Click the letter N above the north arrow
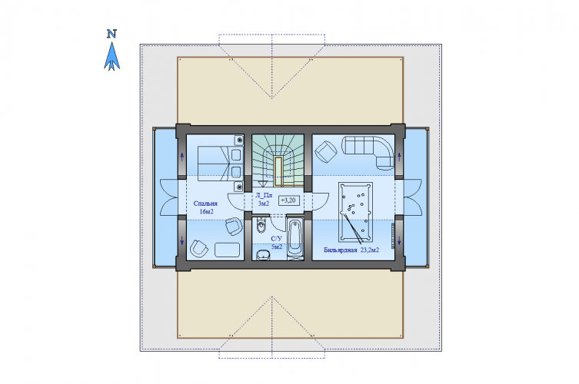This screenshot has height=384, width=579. tap(111, 34)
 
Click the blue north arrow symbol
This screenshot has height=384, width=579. tap(111, 56)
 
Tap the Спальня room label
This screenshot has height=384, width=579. tap(205, 204)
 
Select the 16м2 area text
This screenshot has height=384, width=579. tap(206, 212)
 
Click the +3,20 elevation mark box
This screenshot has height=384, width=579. tap(288, 200)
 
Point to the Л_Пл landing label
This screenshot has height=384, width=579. tap(264, 195)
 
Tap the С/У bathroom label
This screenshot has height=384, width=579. tap(276, 239)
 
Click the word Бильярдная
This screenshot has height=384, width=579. tap(340, 250)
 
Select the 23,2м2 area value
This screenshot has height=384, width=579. tap(370, 250)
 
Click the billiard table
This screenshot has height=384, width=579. tap(355, 212)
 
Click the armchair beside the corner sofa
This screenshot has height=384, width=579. tap(326, 151)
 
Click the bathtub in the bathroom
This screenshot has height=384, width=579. tap(295, 239)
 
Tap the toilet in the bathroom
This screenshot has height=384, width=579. tap(261, 225)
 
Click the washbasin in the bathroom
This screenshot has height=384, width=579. tap(262, 254)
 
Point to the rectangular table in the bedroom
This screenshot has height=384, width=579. tap(228, 250)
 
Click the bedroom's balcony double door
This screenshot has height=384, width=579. tap(169, 197)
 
